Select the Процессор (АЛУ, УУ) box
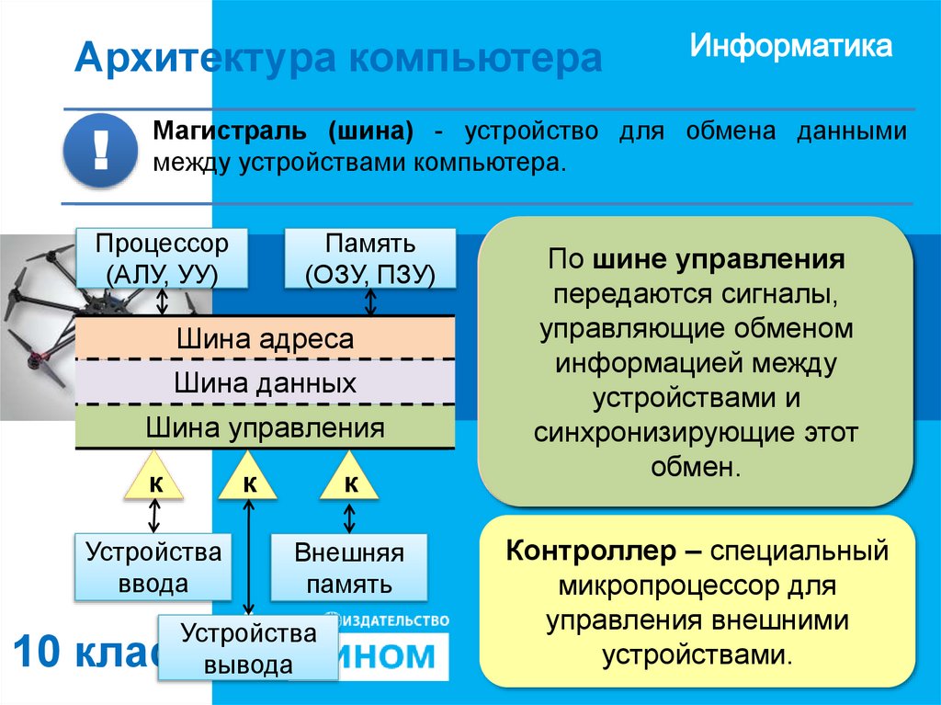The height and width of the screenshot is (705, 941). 162,259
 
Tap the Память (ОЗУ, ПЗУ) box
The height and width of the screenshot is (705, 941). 370,259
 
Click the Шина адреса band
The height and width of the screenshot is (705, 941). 264,338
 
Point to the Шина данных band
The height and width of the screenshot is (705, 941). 264,382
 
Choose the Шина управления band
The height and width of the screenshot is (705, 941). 264,426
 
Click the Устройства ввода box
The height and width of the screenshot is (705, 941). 153,567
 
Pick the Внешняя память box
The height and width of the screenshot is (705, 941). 349,568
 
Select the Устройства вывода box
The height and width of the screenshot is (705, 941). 248,648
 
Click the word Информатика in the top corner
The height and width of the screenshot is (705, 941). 791,47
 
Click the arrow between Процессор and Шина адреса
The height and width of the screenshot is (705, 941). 163,301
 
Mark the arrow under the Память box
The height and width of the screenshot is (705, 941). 370,301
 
